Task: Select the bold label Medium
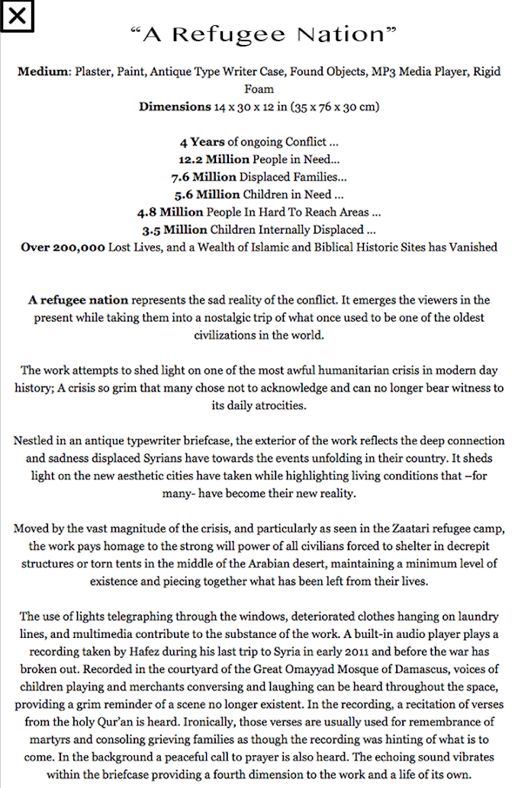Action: tap(43, 72)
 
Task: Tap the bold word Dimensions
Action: tap(175, 107)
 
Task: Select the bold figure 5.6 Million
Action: tap(208, 194)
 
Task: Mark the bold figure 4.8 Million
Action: tap(170, 212)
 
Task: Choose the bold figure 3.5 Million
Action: tap(175, 229)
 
